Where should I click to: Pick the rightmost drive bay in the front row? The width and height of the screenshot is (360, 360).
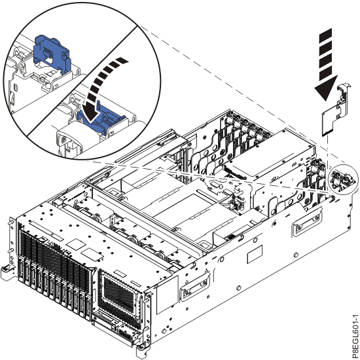coord(89,304)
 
